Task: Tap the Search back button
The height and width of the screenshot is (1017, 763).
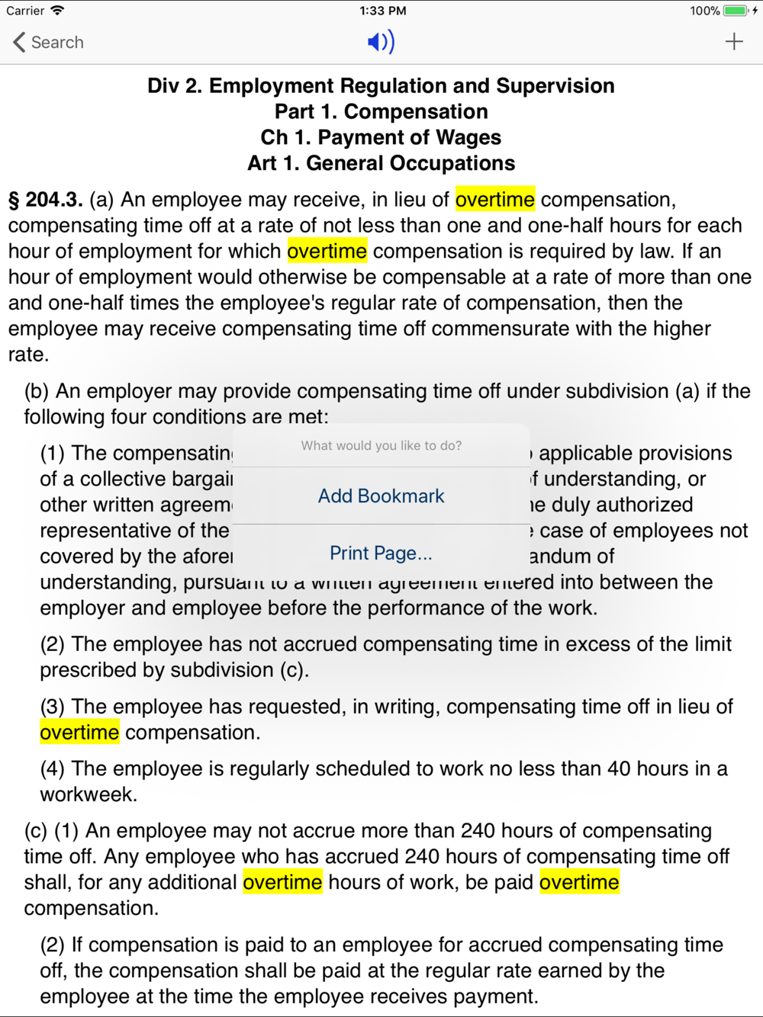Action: pos(47,42)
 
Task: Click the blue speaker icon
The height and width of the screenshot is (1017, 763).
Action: pos(381,42)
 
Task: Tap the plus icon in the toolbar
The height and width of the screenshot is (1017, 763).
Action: pos(734,41)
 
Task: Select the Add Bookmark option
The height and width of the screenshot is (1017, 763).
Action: pos(381,496)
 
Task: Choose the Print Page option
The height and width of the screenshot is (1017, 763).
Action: pos(381,553)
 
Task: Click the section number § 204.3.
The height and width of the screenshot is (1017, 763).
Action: pos(46,200)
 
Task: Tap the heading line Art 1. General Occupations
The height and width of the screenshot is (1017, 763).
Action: pos(381,163)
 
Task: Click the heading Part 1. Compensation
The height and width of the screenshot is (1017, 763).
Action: pos(381,111)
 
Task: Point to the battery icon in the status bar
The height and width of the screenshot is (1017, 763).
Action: pos(736,11)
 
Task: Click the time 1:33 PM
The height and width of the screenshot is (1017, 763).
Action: pos(382,11)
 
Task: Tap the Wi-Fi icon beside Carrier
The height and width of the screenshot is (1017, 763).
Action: pos(57,11)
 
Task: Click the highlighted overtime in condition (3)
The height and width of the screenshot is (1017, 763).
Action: pos(79,732)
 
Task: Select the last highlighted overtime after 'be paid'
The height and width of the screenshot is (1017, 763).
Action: pos(579,882)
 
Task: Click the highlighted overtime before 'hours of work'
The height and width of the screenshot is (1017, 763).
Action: pos(282,882)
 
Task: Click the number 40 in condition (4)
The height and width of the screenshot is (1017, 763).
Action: pos(618,768)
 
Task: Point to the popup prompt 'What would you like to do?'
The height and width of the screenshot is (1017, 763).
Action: pos(381,445)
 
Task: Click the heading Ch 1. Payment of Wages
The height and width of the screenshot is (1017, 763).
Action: pos(381,137)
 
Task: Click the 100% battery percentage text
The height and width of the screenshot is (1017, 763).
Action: pos(704,11)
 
